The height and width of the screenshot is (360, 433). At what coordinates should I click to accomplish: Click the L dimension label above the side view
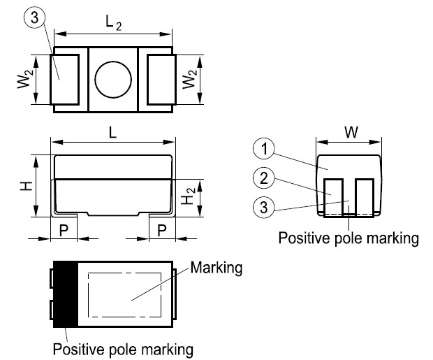coord(112,131)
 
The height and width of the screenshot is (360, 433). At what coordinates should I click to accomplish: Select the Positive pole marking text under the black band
coord(123,347)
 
